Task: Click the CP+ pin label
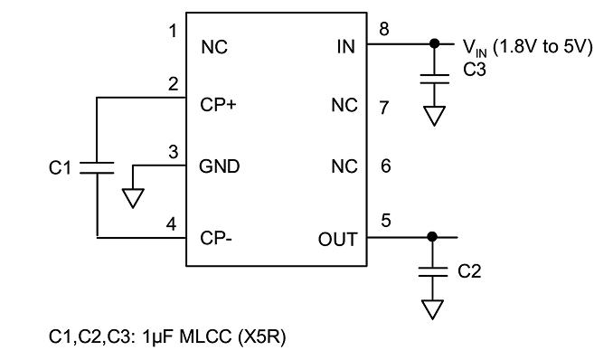(x=218, y=105)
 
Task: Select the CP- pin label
(x=216, y=238)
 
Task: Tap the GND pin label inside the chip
(x=220, y=166)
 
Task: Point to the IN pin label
(x=346, y=47)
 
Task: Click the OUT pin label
(x=338, y=240)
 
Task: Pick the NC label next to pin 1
(x=214, y=47)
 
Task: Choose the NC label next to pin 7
(x=344, y=105)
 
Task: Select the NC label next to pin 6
(x=344, y=166)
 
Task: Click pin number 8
(x=384, y=29)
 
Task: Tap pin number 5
(x=386, y=221)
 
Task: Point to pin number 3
(x=174, y=152)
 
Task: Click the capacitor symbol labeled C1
(x=97, y=167)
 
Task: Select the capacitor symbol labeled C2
(x=433, y=272)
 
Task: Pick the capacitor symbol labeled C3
(x=434, y=79)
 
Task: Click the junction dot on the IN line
(x=434, y=43)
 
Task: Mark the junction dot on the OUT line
(x=432, y=237)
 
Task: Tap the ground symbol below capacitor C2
(x=433, y=309)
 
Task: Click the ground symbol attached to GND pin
(x=133, y=198)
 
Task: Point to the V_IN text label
(x=475, y=48)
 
